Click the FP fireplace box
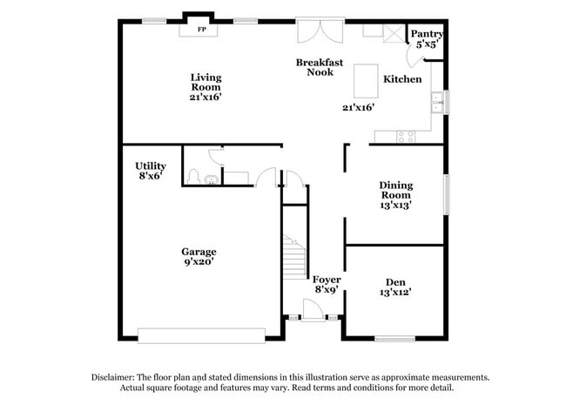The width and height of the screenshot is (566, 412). [201, 29]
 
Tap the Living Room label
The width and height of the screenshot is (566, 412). [206, 87]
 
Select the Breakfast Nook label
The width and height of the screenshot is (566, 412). [319, 67]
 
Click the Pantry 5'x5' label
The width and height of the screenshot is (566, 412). [428, 37]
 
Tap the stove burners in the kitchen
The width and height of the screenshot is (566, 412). [406, 136]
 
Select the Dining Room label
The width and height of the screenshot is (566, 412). [395, 195]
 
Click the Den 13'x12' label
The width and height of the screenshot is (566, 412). [395, 287]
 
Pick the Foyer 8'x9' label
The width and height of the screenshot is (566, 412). [327, 284]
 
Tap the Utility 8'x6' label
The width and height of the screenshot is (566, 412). [150, 170]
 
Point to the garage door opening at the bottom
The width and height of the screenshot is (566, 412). [201, 334]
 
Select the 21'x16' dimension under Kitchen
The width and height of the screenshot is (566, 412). [358, 107]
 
